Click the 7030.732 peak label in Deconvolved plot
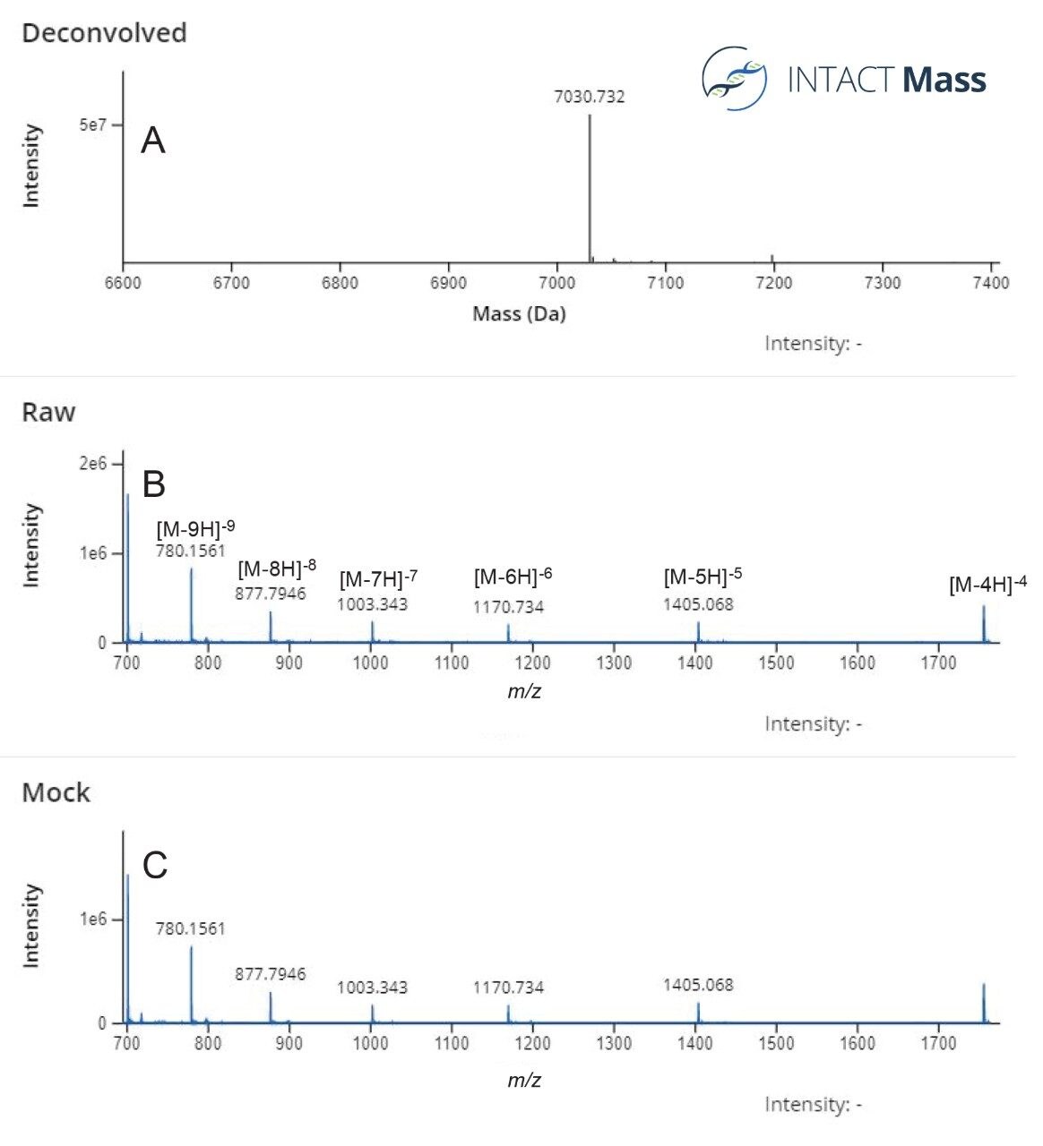(589, 97)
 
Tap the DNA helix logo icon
(734, 79)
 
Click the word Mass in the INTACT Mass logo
(944, 81)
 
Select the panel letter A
(153, 141)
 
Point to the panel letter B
(154, 483)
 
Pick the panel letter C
(155, 865)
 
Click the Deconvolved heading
(104, 33)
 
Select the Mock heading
(56, 792)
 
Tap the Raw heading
(48, 412)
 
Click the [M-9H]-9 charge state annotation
(195, 527)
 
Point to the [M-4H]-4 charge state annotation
(987, 585)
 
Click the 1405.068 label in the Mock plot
(698, 985)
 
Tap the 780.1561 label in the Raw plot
(191, 551)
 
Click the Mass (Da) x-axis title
(519, 313)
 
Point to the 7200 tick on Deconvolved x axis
(773, 283)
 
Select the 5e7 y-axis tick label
(92, 124)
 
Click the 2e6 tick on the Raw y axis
(92, 464)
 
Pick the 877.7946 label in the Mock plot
(271, 973)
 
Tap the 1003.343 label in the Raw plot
(372, 604)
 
